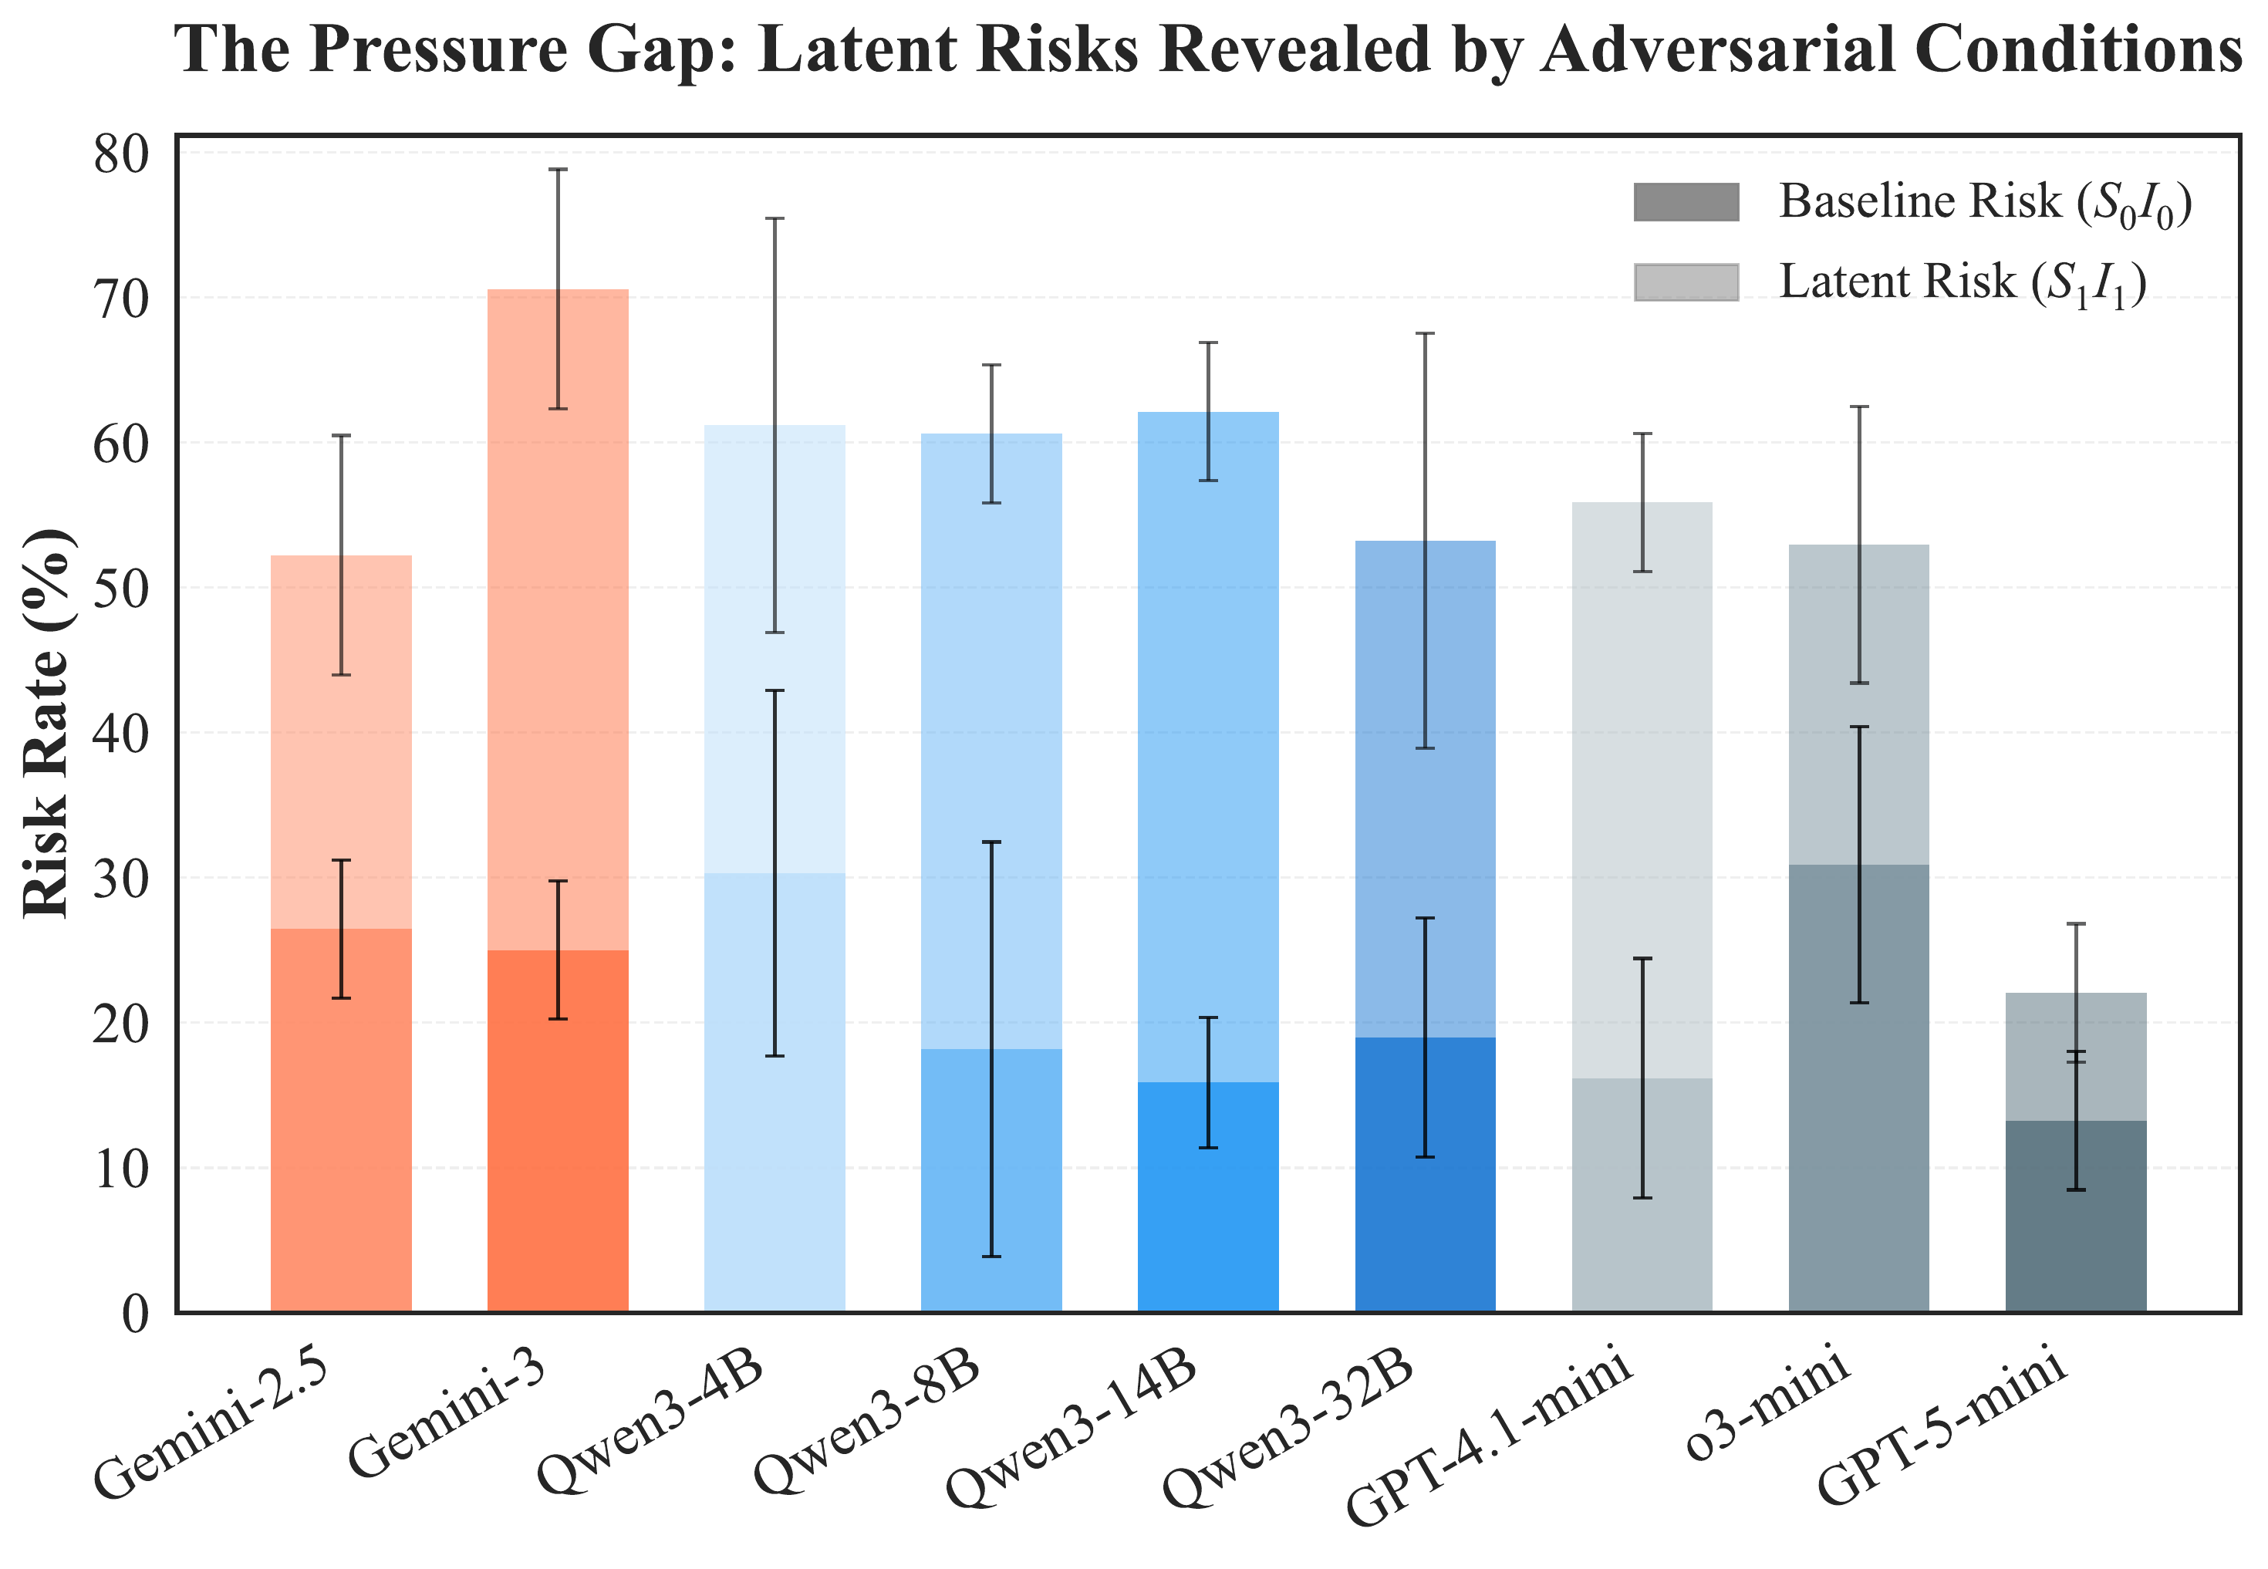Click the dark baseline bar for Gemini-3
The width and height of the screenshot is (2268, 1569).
pyautogui.click(x=558, y=1131)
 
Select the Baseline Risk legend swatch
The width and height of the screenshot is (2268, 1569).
pyautogui.click(x=1686, y=201)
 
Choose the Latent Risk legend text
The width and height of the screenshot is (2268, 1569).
pyautogui.click(x=1961, y=283)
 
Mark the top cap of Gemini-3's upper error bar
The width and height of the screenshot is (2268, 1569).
pyautogui.click(x=558, y=170)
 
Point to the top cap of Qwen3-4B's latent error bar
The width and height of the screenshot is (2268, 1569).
pyautogui.click(x=775, y=219)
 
